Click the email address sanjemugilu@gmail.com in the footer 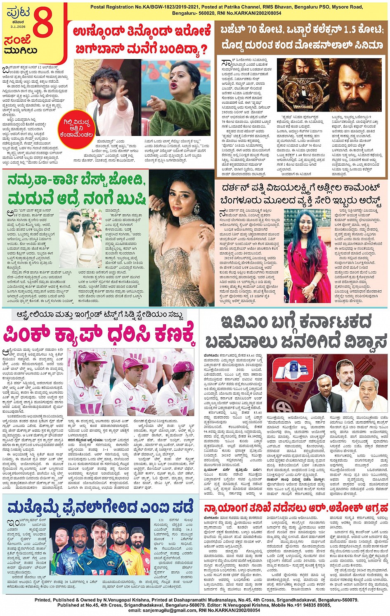click(x=163, y=610)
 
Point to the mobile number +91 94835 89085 click(x=307, y=605)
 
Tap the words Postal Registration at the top click(x=114, y=7)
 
